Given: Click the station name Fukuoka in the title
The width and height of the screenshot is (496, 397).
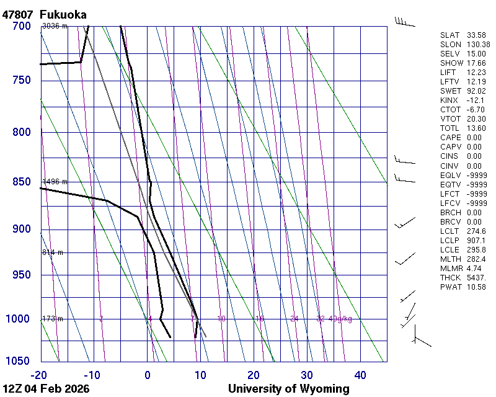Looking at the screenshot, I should point(63,14).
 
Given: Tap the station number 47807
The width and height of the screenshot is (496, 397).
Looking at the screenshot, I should point(18,14).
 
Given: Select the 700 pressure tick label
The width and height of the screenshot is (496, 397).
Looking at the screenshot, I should point(21,26).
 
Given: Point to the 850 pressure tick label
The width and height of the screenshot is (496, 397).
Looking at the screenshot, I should point(21,182).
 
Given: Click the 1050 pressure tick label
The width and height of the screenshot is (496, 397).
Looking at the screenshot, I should point(18,362).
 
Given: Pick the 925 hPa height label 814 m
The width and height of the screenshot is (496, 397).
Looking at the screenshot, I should point(53,252).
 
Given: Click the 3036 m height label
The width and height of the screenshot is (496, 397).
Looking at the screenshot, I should point(55,26).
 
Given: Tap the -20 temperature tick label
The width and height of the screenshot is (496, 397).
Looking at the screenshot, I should point(39,375).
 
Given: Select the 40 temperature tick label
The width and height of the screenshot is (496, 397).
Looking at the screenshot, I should point(360,375).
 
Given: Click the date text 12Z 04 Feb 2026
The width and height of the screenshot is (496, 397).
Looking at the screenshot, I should point(46,389).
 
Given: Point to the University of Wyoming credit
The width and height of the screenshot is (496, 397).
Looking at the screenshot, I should point(288,389).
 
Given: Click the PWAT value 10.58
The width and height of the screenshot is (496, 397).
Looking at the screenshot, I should point(477,287).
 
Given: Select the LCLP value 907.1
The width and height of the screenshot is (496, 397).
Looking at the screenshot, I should point(476,240).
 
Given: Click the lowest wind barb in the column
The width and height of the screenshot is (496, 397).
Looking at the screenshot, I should point(420,340).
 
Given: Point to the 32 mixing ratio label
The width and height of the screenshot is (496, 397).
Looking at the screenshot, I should point(321,319).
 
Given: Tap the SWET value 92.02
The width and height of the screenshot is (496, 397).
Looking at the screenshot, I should point(477,91).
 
